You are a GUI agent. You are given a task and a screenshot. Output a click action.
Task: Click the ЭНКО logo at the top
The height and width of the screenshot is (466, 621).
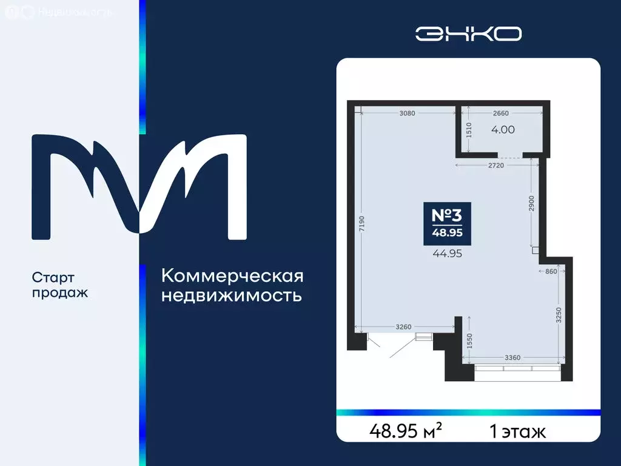tap(468, 33)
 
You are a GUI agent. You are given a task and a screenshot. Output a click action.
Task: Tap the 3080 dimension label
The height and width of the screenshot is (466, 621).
tap(407, 113)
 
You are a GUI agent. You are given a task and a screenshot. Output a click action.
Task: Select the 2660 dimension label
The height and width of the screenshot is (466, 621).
tap(500, 113)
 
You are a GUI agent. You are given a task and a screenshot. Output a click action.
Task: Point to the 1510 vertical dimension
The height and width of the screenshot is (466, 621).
tap(469, 131)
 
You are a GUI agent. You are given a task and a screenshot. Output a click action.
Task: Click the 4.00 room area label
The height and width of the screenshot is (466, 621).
tap(502, 129)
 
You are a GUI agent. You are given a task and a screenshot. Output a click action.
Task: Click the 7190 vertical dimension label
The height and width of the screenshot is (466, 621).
tap(361, 225)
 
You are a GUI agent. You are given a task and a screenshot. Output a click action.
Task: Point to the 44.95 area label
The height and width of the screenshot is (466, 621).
tap(447, 254)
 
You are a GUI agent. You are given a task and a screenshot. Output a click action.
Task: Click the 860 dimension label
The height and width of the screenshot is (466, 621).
tap(550, 271)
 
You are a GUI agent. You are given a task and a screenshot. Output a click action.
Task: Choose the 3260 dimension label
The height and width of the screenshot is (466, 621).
tap(405, 326)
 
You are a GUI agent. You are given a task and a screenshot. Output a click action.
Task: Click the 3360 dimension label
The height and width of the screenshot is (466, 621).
tap(515, 357)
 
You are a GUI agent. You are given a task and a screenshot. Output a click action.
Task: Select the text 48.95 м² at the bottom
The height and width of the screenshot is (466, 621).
tap(405, 431)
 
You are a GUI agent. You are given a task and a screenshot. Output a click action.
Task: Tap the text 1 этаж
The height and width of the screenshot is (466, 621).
tap(517, 431)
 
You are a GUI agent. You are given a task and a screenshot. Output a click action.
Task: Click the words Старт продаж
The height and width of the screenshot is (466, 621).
tap(60, 285)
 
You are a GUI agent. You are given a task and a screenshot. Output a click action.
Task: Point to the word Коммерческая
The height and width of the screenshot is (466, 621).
tap(232, 276)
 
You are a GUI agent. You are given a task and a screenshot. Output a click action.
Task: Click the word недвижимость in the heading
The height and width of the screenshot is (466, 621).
tap(232, 296)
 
